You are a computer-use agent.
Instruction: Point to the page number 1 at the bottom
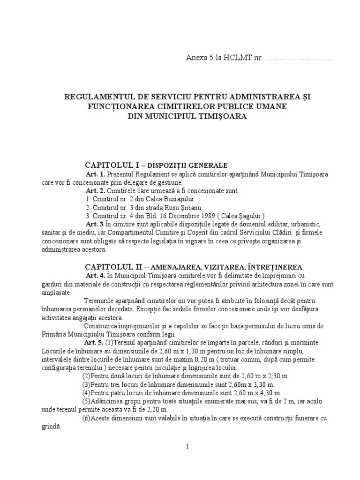[187, 446]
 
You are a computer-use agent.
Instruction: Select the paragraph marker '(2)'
[87, 376]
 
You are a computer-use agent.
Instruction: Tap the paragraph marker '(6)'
[87, 419]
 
